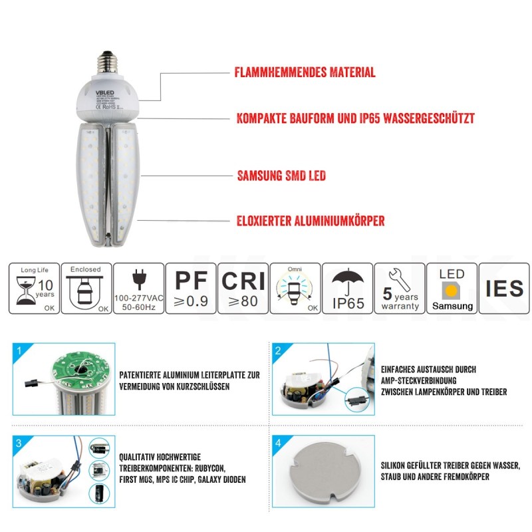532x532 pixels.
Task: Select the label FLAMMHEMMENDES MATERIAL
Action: [305, 72]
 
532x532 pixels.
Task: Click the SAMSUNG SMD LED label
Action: [281, 176]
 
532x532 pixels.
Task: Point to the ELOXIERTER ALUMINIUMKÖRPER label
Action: [311, 221]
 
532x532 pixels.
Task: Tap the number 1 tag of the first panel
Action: [19, 350]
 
